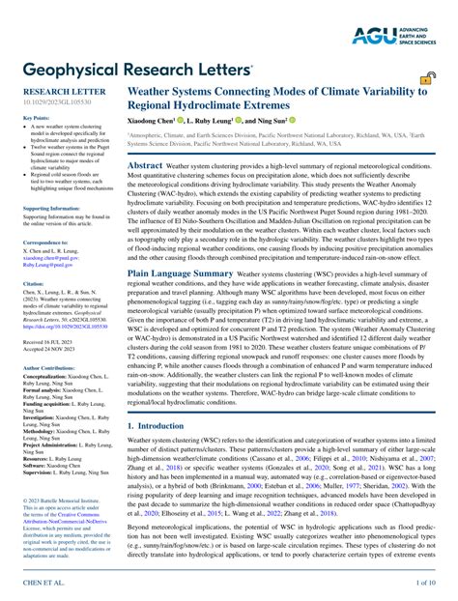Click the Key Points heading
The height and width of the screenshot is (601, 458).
click(36, 118)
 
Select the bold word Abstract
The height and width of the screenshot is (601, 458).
click(146, 165)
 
